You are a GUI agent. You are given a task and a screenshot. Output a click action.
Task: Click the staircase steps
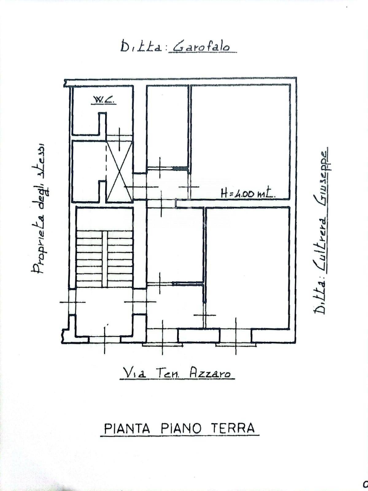(104, 259)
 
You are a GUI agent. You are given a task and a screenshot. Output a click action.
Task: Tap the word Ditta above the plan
(141, 46)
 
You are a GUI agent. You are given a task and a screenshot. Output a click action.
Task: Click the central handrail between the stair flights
(105, 259)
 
